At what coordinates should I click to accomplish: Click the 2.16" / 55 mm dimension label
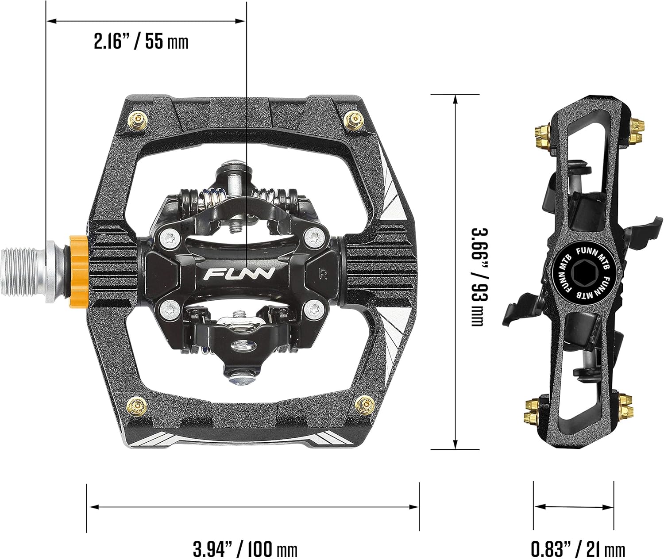[x=141, y=42]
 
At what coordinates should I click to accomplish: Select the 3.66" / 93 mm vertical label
[x=477, y=277]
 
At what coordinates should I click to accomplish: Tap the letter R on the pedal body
[x=323, y=274]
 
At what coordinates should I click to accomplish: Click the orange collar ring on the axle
[x=77, y=268]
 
